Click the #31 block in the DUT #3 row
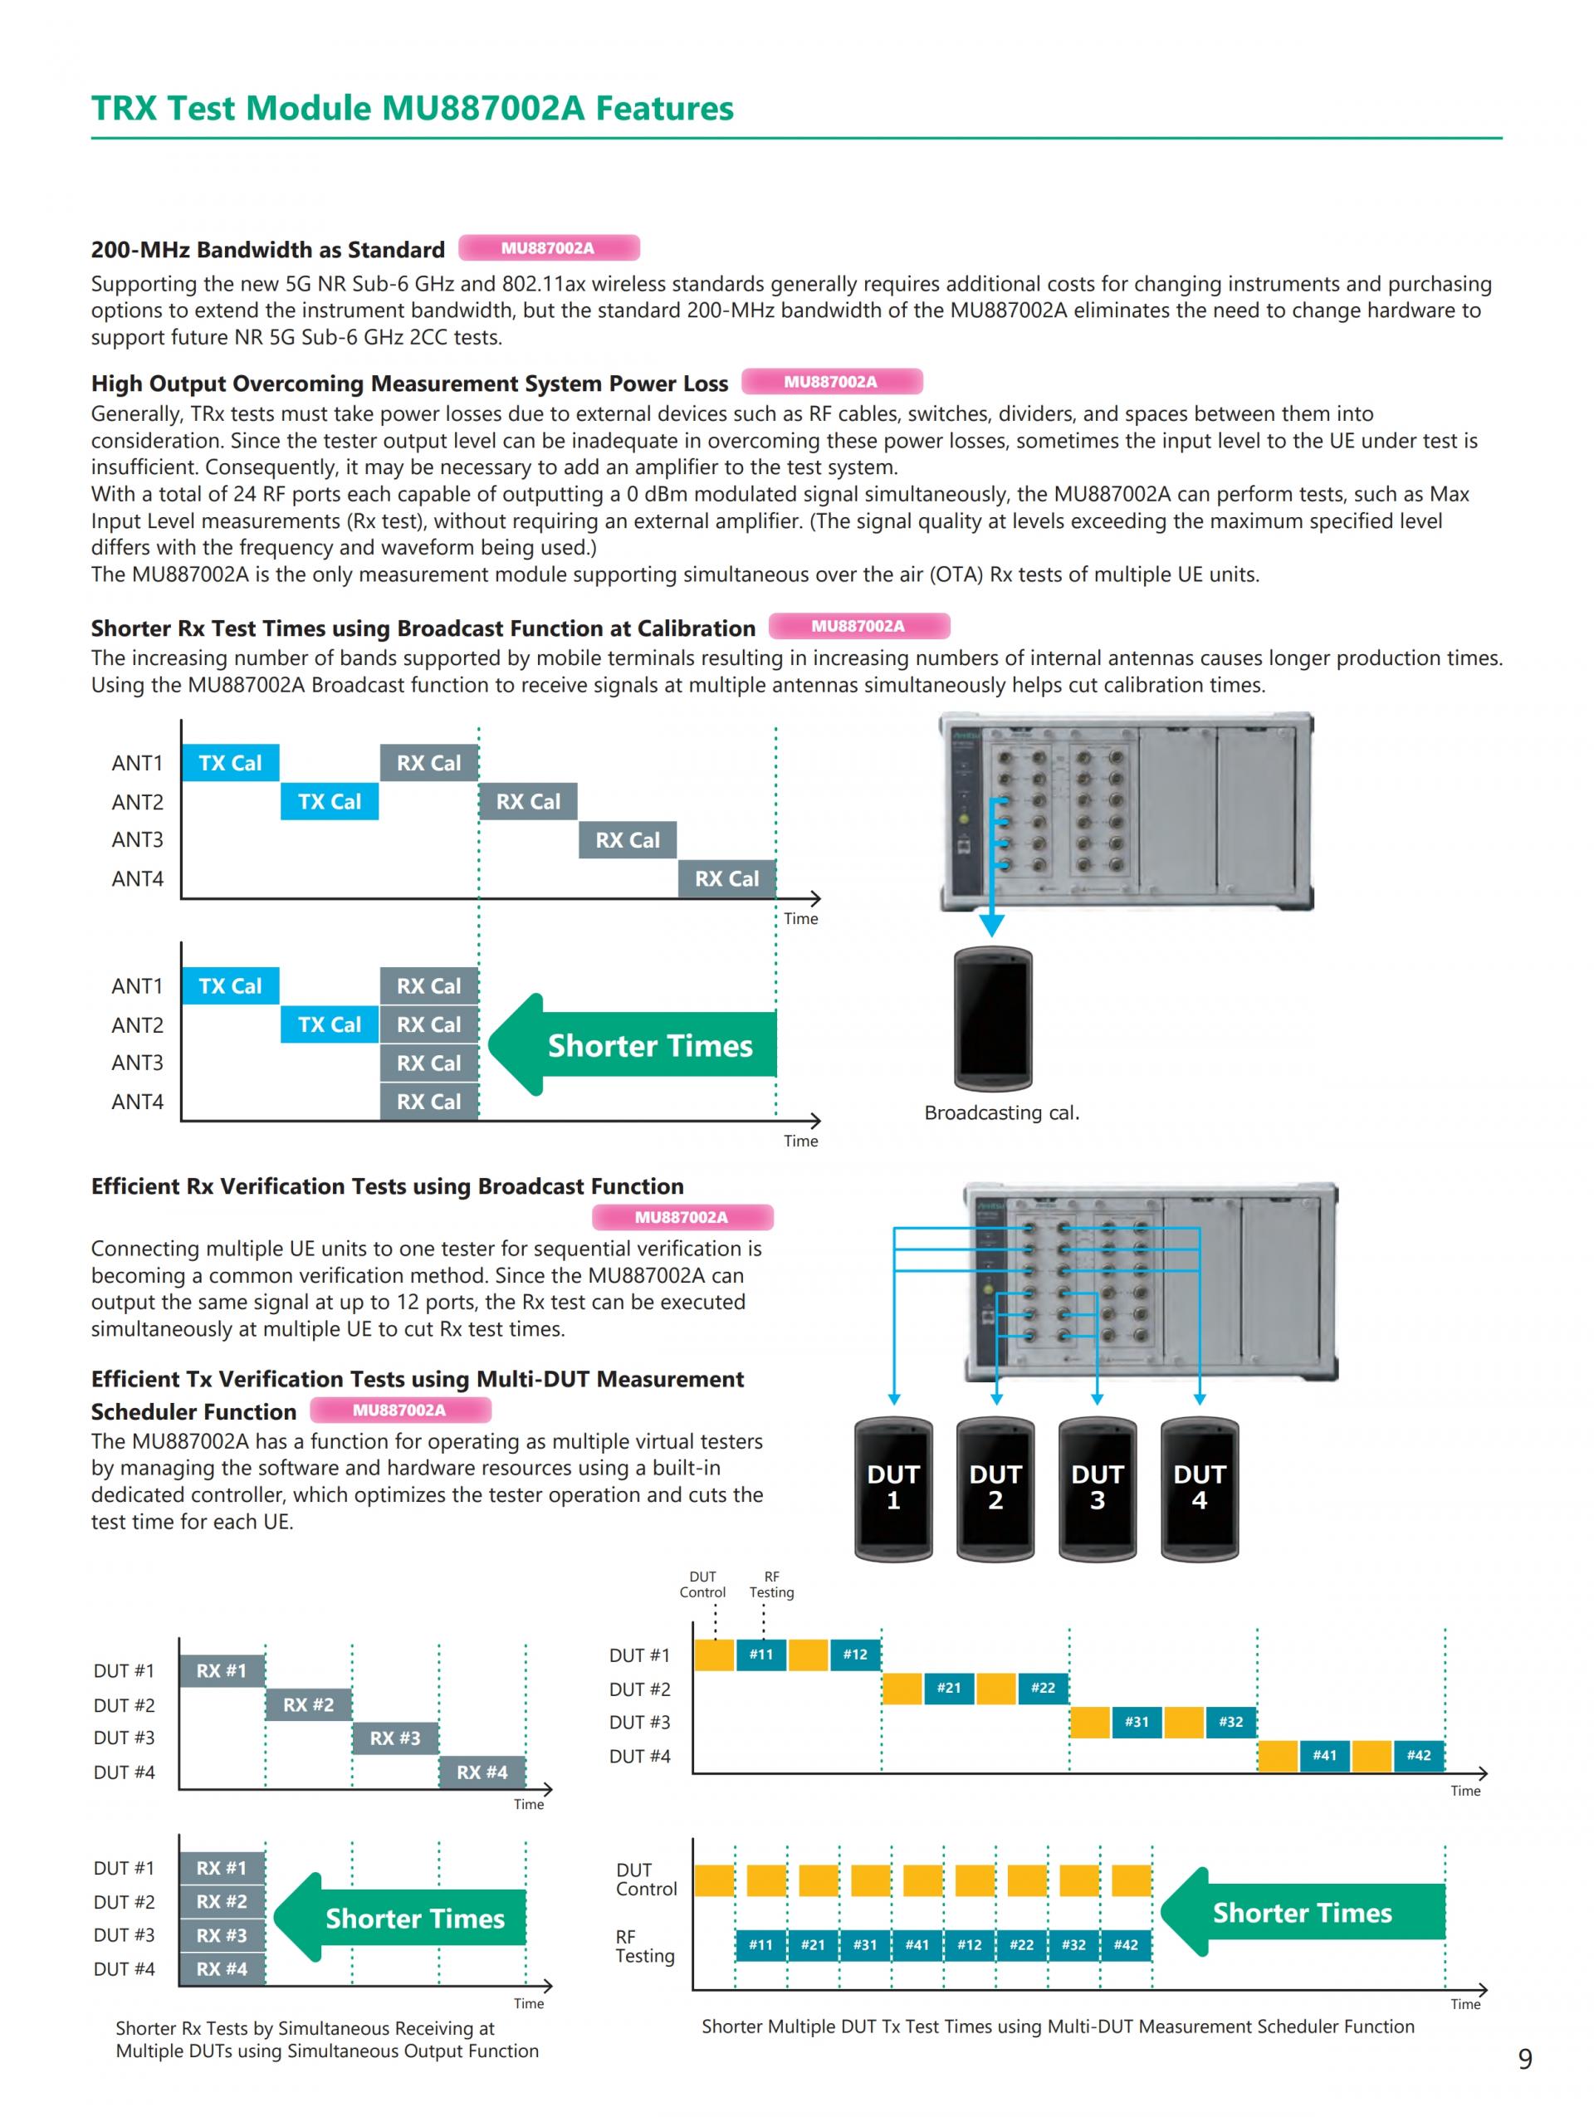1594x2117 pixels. (x=1136, y=1722)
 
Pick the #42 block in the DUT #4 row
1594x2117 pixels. (x=1418, y=1755)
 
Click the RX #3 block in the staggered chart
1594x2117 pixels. (x=394, y=1738)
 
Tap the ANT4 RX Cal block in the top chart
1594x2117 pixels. (x=726, y=878)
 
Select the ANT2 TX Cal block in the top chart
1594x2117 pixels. (x=329, y=802)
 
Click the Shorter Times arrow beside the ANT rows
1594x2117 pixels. (x=633, y=1044)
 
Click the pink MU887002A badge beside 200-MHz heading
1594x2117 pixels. (x=548, y=248)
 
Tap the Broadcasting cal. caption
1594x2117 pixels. (x=1000, y=1113)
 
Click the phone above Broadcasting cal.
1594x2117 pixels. (x=992, y=1019)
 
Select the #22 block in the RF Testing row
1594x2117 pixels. (x=1021, y=1944)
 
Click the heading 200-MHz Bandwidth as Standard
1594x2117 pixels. (x=268, y=250)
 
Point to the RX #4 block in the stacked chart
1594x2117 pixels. (x=221, y=1968)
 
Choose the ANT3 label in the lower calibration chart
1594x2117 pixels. (x=137, y=1063)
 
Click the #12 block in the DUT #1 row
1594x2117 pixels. (x=854, y=1655)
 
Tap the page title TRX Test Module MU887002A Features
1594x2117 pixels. (x=413, y=108)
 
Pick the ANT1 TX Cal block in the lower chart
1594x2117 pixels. (x=230, y=985)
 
